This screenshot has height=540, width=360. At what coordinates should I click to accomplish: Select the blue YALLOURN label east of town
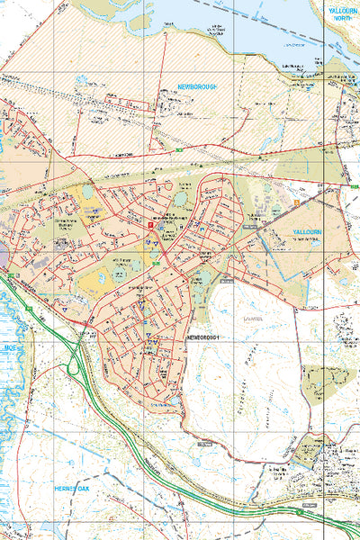pos(312,231)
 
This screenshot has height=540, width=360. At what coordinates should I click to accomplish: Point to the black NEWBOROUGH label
pos(204,337)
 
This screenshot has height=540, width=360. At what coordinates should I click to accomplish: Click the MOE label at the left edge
pos(10,346)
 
